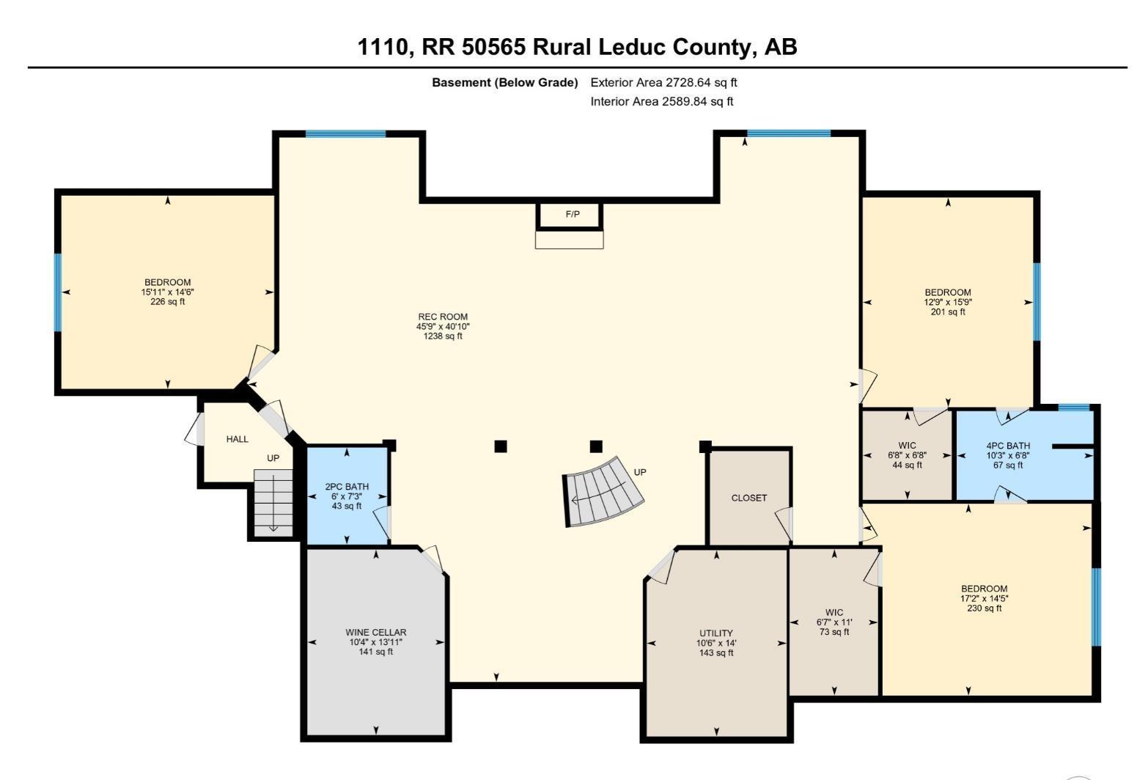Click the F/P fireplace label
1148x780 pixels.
572,215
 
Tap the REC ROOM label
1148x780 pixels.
443,317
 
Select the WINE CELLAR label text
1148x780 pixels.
375,632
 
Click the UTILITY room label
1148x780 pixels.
715,633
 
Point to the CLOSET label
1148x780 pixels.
748,498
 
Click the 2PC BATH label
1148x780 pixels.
347,487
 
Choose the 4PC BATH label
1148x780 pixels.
1007,446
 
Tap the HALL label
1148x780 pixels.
237,439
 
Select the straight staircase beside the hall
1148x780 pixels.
273,502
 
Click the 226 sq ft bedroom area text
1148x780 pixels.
168,301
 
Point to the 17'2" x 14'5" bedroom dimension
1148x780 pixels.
984,598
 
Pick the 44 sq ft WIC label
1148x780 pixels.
907,465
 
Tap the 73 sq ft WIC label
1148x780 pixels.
834,632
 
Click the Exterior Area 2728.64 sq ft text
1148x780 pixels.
663,83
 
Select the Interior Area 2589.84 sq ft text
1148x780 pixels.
661,102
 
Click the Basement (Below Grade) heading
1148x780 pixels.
504,83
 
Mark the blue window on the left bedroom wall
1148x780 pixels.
58,292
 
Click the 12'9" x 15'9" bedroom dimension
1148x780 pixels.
947,302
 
